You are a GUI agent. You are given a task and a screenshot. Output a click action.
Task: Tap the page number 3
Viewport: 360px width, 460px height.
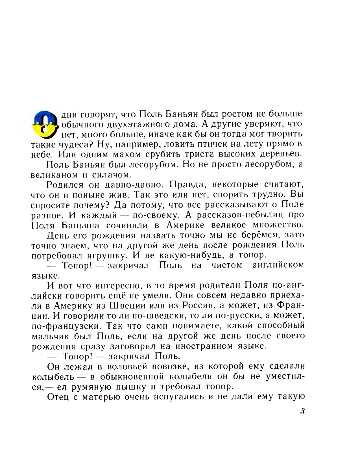click(x=302, y=411)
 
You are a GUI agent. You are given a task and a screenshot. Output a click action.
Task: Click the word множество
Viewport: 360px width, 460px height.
click(x=278, y=225)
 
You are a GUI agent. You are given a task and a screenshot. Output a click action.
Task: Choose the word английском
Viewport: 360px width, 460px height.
click(x=278, y=265)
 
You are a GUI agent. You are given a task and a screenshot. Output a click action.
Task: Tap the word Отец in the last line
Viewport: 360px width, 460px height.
click(x=58, y=397)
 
